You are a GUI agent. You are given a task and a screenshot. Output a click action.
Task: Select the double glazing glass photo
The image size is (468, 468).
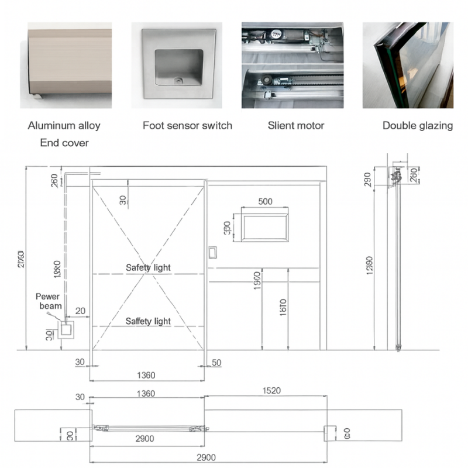408,64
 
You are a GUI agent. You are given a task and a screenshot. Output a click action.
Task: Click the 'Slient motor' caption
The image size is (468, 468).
295,125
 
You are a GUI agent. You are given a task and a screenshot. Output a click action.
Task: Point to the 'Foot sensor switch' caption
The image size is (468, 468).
187,125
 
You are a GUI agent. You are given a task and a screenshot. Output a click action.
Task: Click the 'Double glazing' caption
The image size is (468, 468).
417,125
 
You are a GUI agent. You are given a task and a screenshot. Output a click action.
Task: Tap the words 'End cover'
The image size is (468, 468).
64,143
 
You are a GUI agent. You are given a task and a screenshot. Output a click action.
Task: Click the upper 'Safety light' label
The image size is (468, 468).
148,267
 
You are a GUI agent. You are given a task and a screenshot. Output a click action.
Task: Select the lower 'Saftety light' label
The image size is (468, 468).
148,321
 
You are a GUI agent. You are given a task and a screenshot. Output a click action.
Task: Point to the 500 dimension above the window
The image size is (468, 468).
265,202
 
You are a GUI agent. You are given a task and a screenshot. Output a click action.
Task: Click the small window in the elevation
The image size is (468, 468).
265,227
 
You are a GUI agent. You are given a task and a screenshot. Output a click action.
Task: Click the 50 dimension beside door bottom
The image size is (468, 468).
216,363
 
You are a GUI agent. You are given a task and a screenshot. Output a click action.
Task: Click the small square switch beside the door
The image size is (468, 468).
213,253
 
